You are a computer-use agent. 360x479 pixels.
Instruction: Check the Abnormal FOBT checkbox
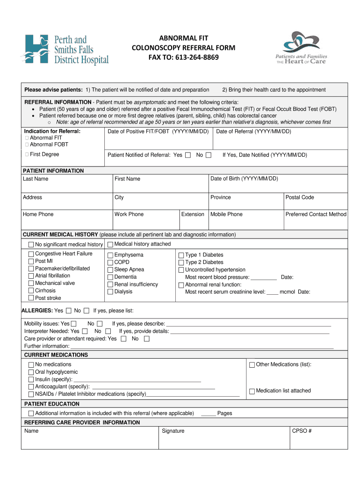coord(27,145)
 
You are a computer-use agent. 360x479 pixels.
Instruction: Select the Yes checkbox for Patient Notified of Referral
coord(188,155)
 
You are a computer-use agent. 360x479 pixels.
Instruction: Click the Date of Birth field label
coord(244,179)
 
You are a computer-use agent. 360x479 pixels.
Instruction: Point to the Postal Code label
coord(300,197)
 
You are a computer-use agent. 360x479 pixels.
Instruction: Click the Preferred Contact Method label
coord(316,214)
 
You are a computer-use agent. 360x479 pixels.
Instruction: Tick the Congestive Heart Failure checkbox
coord(31,254)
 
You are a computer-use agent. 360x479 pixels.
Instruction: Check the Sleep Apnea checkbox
coord(110,270)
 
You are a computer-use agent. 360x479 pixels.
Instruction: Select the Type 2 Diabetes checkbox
coord(181,262)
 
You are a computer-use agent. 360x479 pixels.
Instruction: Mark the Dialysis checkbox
coord(110,292)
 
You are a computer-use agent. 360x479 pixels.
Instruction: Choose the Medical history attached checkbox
coord(110,244)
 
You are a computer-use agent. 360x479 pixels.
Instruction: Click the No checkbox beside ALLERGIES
coord(86,311)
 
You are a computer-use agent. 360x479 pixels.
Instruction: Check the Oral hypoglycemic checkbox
coord(31,372)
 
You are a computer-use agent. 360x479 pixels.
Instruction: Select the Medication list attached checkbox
coord(252,391)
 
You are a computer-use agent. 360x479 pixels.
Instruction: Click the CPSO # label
coord(302,431)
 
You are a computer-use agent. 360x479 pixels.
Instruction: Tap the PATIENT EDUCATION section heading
coord(52,404)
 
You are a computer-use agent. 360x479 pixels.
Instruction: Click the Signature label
coord(173,431)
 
